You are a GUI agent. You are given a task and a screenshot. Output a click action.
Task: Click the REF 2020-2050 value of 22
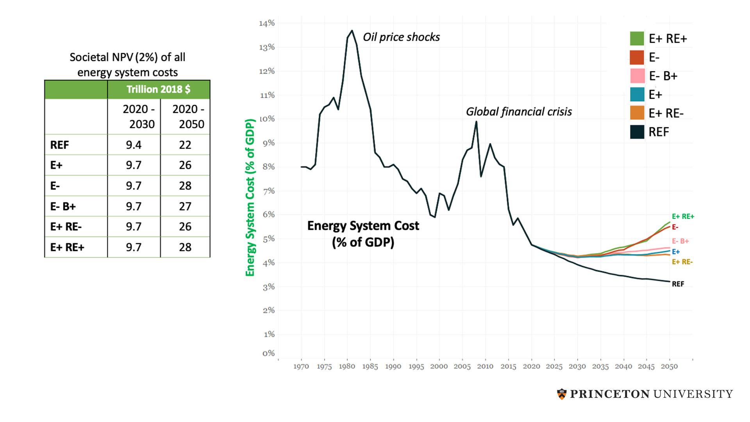click(185, 145)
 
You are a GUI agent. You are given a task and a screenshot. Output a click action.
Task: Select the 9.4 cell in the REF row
click(134, 145)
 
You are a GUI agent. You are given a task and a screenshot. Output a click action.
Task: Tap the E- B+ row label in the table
click(63, 206)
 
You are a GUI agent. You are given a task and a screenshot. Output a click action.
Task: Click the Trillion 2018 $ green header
click(158, 89)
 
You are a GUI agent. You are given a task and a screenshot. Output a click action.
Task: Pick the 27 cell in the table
click(185, 206)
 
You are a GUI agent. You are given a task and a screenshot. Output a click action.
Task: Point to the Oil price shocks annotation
click(401, 37)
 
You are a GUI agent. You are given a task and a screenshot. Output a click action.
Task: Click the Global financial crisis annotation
click(519, 112)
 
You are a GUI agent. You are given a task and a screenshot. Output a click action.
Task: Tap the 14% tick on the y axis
click(267, 23)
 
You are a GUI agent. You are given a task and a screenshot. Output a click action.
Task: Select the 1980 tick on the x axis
click(347, 366)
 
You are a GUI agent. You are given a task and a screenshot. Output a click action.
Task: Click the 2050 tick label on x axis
click(669, 366)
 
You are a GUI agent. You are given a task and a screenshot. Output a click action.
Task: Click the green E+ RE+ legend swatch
click(637, 39)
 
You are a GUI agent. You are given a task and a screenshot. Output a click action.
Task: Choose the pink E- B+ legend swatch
click(637, 76)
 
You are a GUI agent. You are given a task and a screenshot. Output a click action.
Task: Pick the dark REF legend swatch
click(637, 132)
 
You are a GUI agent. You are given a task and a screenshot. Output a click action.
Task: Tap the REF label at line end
click(678, 284)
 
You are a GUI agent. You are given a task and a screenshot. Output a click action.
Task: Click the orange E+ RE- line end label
click(682, 262)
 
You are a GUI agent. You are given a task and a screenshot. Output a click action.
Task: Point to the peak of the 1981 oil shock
click(352, 30)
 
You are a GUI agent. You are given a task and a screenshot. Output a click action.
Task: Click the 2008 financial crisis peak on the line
click(476, 122)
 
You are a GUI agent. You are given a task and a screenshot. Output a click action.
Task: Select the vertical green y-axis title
click(250, 197)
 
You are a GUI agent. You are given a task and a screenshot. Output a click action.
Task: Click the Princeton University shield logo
click(562, 394)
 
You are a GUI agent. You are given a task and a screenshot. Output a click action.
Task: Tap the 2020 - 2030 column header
click(139, 116)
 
